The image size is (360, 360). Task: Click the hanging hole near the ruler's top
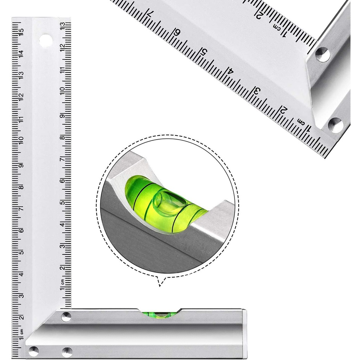coord(46,41)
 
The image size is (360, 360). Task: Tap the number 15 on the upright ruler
coord(21,32)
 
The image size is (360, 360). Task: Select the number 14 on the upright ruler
coord(21,53)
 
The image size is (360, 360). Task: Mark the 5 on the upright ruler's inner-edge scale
coord(62,203)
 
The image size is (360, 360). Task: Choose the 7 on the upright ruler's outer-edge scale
coord(21,208)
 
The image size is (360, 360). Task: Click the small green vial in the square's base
coord(160,314)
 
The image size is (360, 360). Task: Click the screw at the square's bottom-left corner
coord(34,350)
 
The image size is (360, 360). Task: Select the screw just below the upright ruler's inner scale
coord(66,316)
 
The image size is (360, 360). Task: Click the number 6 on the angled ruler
coord(177,33)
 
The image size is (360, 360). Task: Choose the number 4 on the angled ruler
coord(230,71)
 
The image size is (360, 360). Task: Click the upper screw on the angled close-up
coord(323,54)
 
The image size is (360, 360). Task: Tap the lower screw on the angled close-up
coord(335,125)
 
